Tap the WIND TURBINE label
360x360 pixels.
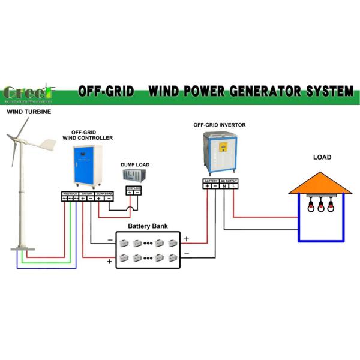pyautogui.click(x=29, y=112)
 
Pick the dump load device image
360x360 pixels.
pyautogui.click(x=135, y=176)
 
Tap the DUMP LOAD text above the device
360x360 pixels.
pyautogui.click(x=135, y=164)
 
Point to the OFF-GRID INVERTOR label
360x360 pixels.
pyautogui.click(x=220, y=125)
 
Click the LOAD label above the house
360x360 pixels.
pyautogui.click(x=322, y=158)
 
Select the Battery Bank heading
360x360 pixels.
pyautogui.click(x=148, y=227)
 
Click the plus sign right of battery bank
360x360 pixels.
pyautogui.click(x=186, y=239)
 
